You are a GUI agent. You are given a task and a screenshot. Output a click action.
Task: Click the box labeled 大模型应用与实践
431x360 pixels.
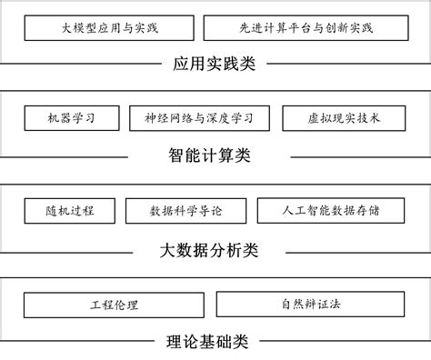tap(109, 27)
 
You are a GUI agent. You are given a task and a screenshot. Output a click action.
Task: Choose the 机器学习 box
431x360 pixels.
tap(70, 118)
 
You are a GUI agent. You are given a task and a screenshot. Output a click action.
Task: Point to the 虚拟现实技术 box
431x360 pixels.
tap(337, 118)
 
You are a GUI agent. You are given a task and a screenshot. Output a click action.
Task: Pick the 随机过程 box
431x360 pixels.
tap(69, 210)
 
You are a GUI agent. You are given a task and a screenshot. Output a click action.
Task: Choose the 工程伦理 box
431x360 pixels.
tap(115, 304)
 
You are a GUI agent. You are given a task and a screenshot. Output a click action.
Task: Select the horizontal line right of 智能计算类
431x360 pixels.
tap(346, 156)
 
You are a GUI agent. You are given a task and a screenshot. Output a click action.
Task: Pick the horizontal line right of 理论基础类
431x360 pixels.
tap(346, 343)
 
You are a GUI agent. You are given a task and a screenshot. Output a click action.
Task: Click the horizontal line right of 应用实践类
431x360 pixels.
tap(346, 65)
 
